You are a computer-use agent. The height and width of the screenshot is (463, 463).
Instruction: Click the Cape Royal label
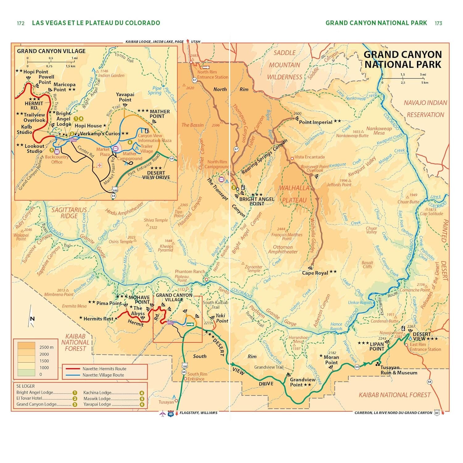coord(315,273)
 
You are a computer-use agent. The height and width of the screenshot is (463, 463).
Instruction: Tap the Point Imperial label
coord(315,122)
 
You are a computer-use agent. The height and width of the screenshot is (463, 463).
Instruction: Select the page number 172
coord(21,23)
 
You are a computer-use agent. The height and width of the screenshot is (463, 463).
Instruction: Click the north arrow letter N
coord(32,319)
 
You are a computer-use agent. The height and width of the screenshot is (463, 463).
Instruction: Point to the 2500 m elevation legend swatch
coord(26,347)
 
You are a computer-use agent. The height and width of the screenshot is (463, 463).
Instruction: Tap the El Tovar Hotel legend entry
coord(29,398)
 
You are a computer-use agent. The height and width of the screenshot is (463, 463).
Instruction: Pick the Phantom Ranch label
coord(190,272)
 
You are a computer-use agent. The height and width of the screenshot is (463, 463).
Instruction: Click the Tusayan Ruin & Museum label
coord(398,370)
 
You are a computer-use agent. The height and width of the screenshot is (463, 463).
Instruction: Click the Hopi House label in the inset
coord(88,126)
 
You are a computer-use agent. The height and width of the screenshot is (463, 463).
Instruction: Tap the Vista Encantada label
coord(309,157)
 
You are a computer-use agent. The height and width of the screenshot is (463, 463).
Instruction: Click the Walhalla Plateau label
coord(294,194)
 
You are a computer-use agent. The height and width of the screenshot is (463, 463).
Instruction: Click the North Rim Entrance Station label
coord(212,75)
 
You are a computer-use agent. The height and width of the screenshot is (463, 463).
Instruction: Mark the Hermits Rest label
coord(98,319)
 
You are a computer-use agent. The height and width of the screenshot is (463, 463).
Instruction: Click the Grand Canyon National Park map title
coord(403,60)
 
